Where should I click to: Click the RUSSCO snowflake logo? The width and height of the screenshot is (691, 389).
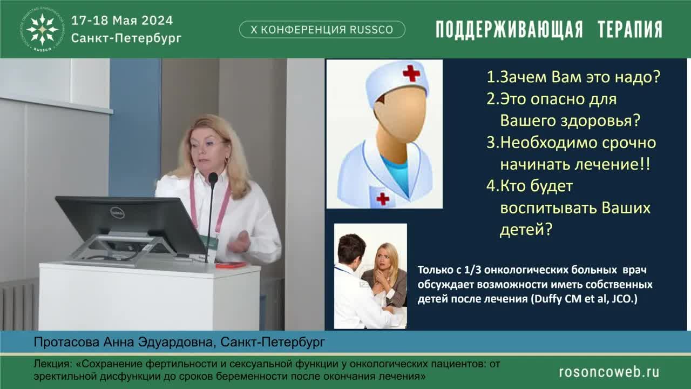pyautogui.click(x=42, y=29)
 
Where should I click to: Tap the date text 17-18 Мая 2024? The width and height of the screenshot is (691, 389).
pyautogui.click(x=122, y=21)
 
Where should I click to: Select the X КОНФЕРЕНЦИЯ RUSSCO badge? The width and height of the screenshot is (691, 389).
pyautogui.click(x=322, y=30)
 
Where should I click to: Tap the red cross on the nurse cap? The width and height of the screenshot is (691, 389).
pyautogui.click(x=411, y=72)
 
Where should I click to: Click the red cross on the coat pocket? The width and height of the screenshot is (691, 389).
pyautogui.click(x=383, y=198)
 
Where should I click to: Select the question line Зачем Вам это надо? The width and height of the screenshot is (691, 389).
pyautogui.click(x=574, y=77)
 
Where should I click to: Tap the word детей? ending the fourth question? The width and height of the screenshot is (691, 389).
pyautogui.click(x=526, y=230)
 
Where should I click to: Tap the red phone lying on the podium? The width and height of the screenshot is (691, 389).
pyautogui.click(x=231, y=265)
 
